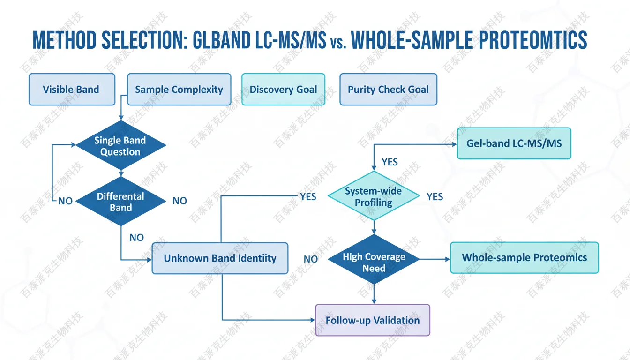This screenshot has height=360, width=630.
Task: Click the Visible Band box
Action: [x=72, y=89]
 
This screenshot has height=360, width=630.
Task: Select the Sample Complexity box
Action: [x=179, y=89]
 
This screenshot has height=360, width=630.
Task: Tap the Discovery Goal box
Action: [x=283, y=89]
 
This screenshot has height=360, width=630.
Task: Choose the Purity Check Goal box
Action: [x=388, y=89]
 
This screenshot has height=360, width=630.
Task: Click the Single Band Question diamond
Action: [x=120, y=146]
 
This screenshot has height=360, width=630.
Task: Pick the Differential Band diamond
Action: [x=120, y=202]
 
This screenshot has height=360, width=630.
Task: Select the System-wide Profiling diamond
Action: [x=374, y=196]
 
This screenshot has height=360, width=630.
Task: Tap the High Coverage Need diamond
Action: [x=374, y=262]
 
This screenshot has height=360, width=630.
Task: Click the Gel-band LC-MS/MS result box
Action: [x=514, y=143]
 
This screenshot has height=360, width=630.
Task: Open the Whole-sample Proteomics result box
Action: [x=524, y=257]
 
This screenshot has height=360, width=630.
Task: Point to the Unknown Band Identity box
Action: [x=220, y=258]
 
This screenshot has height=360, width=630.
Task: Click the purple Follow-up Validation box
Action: [x=373, y=320]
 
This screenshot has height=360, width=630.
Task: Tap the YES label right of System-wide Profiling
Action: [x=435, y=197]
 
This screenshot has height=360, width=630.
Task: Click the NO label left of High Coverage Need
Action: [x=311, y=259]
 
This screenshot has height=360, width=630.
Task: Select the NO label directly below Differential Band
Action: [x=136, y=238]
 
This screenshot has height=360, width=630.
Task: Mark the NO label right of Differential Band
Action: [x=180, y=201]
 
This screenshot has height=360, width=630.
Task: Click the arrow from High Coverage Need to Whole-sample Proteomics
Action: [x=434, y=258]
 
